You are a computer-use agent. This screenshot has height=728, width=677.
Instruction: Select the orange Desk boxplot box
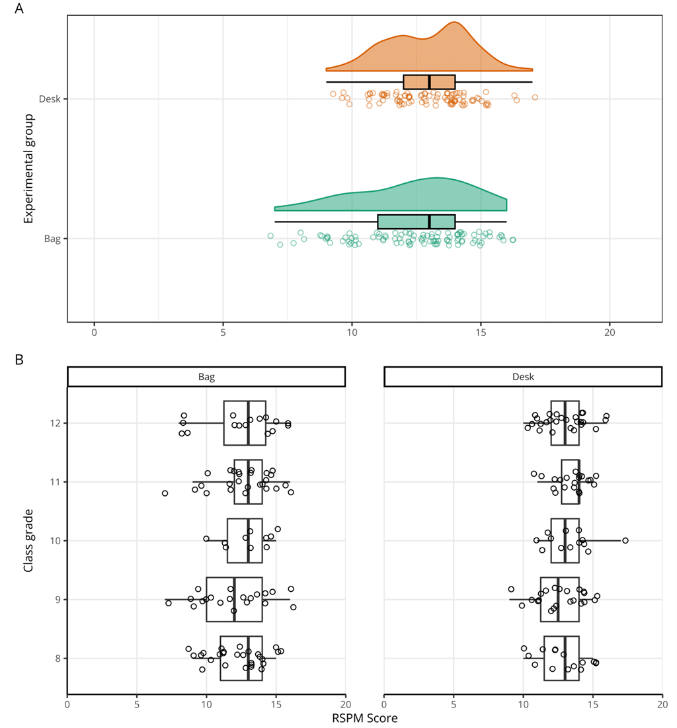(429, 82)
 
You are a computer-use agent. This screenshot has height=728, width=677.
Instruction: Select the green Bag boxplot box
(416, 222)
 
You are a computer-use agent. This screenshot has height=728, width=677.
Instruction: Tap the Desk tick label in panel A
(50, 99)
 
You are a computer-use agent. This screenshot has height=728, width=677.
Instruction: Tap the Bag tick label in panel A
(52, 239)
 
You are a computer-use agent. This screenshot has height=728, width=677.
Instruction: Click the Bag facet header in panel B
(206, 376)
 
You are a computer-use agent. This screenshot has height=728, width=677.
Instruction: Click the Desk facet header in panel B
(523, 376)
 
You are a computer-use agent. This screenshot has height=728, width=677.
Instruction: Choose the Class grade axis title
(28, 541)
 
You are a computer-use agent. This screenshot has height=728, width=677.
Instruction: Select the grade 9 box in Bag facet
(234, 599)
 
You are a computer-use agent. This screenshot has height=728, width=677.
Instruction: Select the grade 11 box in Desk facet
(571, 481)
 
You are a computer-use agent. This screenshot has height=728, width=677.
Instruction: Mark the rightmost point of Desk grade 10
(625, 540)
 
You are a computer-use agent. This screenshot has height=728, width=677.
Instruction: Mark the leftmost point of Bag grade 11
(165, 493)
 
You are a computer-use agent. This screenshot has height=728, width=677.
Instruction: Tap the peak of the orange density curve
(454, 22)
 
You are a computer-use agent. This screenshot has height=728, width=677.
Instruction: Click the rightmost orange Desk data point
(535, 97)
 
